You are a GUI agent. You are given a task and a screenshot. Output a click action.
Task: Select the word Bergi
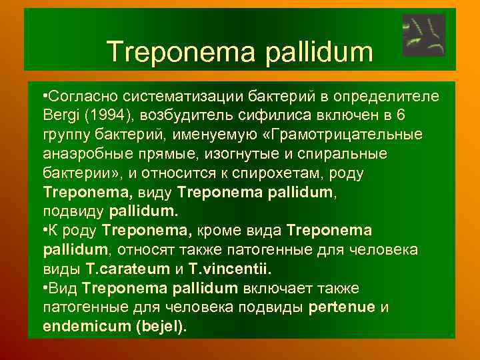[61, 116]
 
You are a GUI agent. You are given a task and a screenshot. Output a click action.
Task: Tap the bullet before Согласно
[43, 97]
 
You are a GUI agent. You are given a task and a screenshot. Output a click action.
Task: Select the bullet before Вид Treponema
[43, 289]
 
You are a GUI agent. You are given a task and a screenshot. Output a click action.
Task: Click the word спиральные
[347, 154]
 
